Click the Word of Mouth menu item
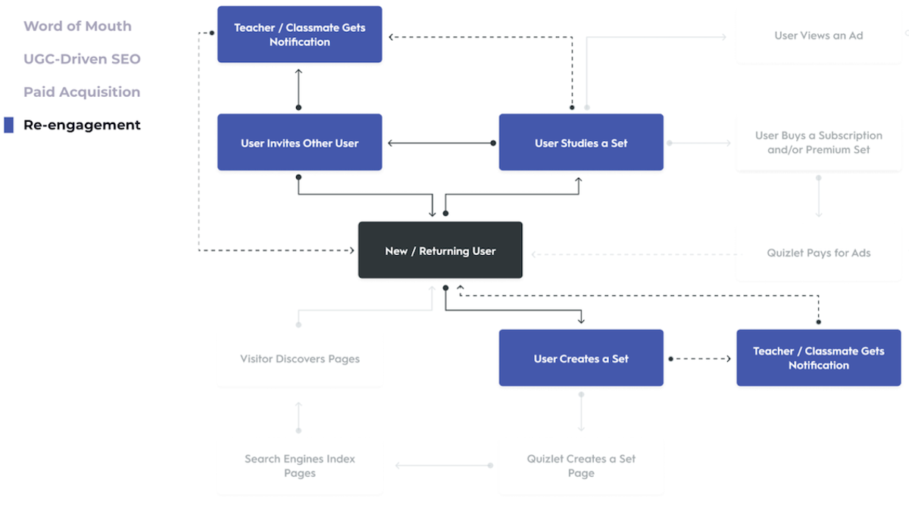coord(77,26)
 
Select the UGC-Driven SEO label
coord(82,59)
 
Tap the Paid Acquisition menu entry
coord(82,92)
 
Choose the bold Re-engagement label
coord(82,125)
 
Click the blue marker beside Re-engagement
coord(8,125)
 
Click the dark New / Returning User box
coord(440,251)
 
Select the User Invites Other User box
coord(299,143)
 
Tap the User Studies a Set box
coord(581,143)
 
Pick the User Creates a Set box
coord(581,359)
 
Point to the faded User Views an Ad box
coord(818,36)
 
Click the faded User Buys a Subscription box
coord(818,143)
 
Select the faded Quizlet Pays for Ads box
coord(818,254)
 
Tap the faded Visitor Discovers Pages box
coord(299,359)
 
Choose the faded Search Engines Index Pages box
coord(299,466)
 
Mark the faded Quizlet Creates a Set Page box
coord(581,466)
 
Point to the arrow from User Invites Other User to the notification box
coord(298,88)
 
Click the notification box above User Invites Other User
coord(299,35)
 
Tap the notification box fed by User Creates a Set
coord(818,358)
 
